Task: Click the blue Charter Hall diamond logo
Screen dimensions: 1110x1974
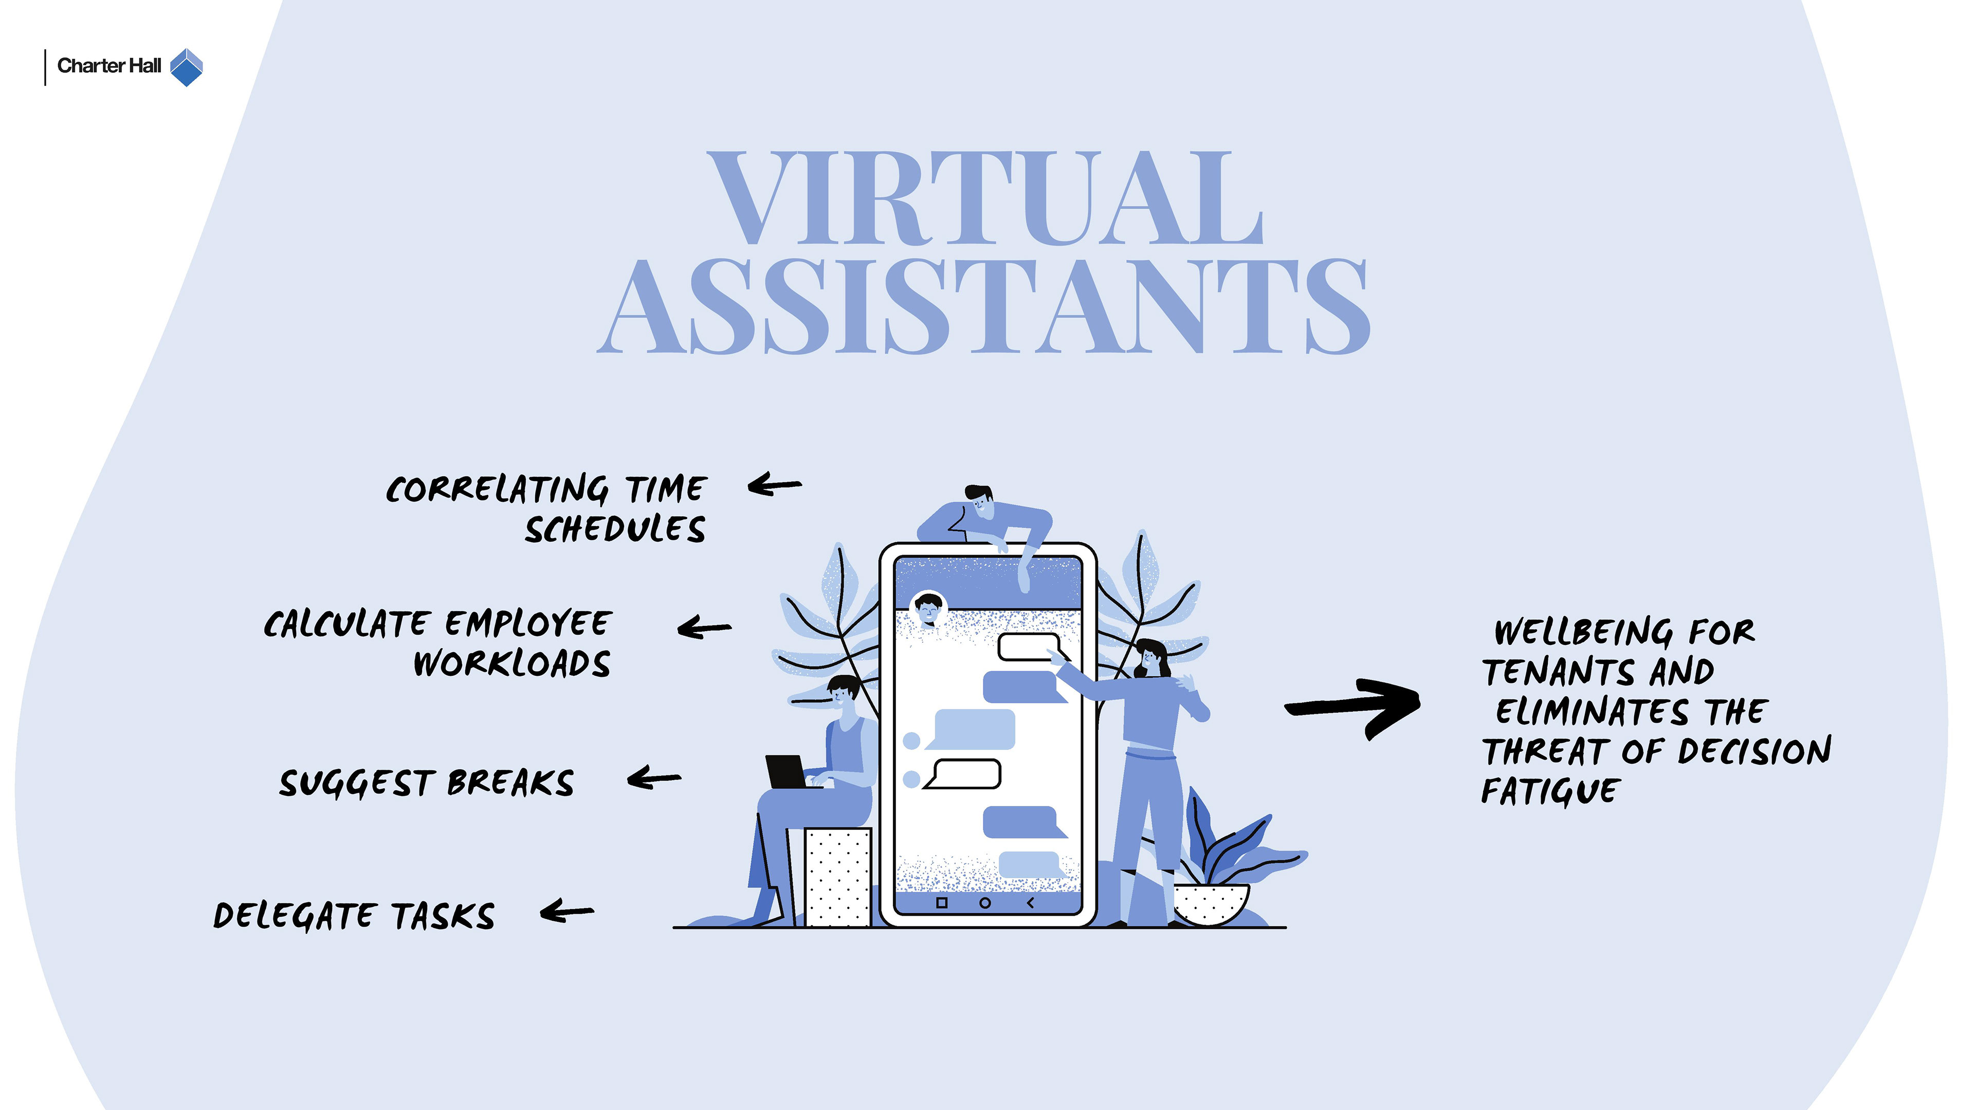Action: click(x=186, y=67)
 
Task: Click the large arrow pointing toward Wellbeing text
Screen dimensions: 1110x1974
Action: click(x=1352, y=706)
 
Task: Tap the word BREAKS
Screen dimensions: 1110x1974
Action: click(x=510, y=783)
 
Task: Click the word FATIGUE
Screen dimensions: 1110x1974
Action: click(x=1549, y=791)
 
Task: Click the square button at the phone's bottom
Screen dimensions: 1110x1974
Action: click(x=942, y=902)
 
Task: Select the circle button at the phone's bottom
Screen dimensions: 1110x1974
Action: click(x=985, y=902)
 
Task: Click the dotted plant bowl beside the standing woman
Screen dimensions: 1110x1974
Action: click(x=1211, y=904)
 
